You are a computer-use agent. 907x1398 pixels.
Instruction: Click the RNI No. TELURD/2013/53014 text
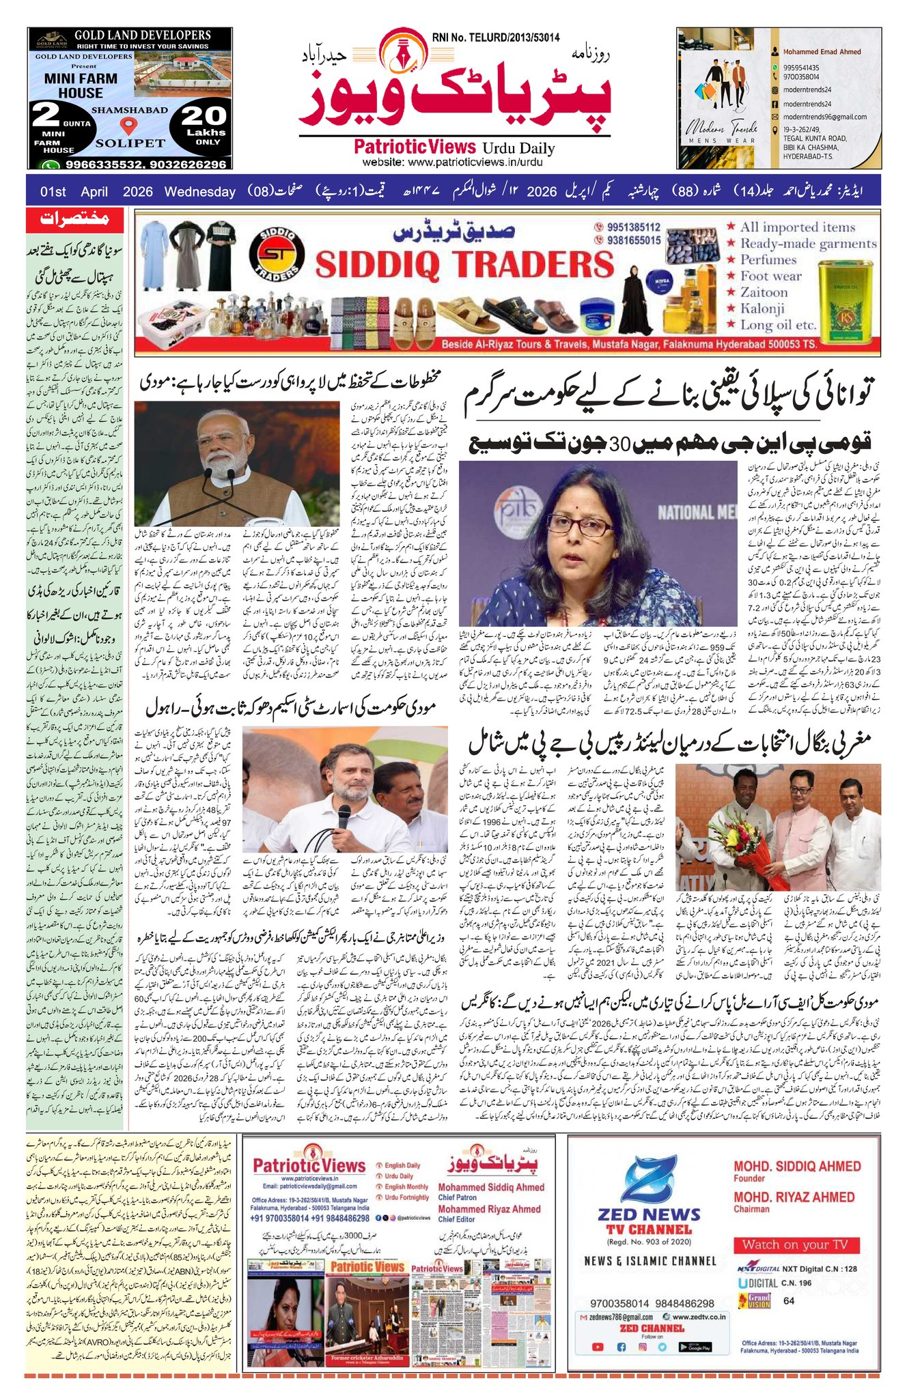point(495,38)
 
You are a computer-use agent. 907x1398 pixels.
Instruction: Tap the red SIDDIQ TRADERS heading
point(464,264)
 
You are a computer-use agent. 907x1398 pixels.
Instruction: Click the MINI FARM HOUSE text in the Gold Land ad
point(81,85)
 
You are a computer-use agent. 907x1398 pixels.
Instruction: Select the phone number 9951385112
point(627,227)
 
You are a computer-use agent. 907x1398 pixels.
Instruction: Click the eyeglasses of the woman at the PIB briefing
point(580,525)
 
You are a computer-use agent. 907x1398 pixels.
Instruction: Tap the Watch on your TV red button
point(794,1244)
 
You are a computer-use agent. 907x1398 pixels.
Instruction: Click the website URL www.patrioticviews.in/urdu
point(452,162)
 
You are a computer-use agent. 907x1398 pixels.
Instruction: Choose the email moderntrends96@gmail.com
point(815,117)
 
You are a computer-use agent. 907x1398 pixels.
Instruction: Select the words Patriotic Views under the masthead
point(415,147)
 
